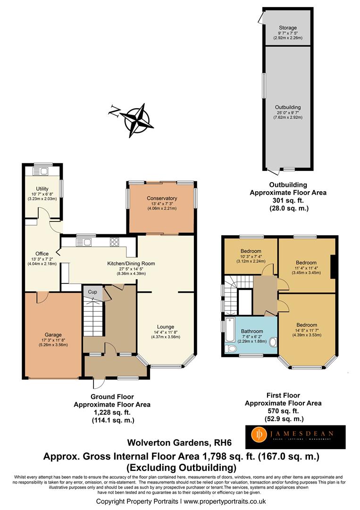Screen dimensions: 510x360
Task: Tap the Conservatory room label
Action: pos(161,198)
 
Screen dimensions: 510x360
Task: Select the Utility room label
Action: pos(42,189)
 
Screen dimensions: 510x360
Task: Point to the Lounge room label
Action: pos(166,327)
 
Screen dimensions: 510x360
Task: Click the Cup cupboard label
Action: pos(93,292)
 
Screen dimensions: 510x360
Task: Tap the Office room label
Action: pos(42,254)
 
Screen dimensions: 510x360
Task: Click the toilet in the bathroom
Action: pos(231,348)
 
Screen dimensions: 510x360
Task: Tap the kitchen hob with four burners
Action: pos(115,242)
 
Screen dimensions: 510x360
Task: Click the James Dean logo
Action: pos(295,437)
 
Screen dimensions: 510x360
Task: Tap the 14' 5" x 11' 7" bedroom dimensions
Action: pos(306,331)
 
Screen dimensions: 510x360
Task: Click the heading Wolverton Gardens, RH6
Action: pos(167,443)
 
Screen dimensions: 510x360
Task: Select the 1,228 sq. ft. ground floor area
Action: pos(112,412)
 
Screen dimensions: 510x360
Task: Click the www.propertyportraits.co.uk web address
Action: pos(225,501)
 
